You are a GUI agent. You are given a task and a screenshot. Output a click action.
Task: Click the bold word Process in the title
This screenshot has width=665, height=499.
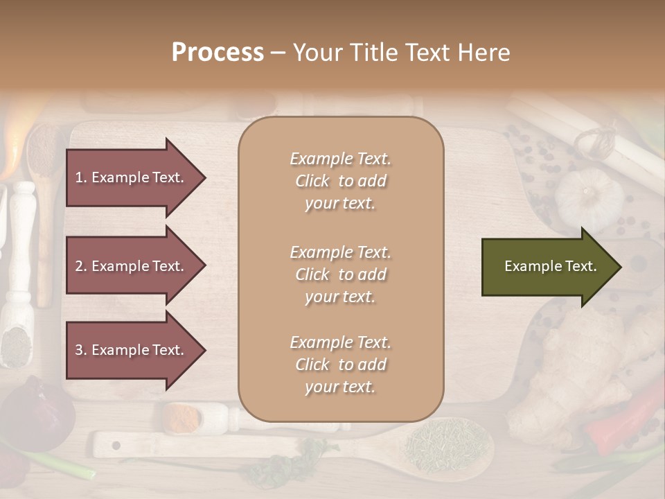click(x=218, y=53)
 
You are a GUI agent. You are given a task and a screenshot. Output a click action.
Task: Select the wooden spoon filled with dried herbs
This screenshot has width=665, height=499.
click(x=447, y=444)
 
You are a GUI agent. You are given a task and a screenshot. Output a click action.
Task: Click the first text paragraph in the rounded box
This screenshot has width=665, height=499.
click(x=340, y=181)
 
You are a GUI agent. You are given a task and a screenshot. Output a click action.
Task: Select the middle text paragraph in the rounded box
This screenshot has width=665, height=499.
click(x=340, y=274)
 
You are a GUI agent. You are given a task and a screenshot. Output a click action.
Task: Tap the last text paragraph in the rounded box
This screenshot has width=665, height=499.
click(x=340, y=365)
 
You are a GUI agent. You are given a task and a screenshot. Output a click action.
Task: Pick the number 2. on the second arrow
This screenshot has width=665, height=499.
click(x=81, y=266)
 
